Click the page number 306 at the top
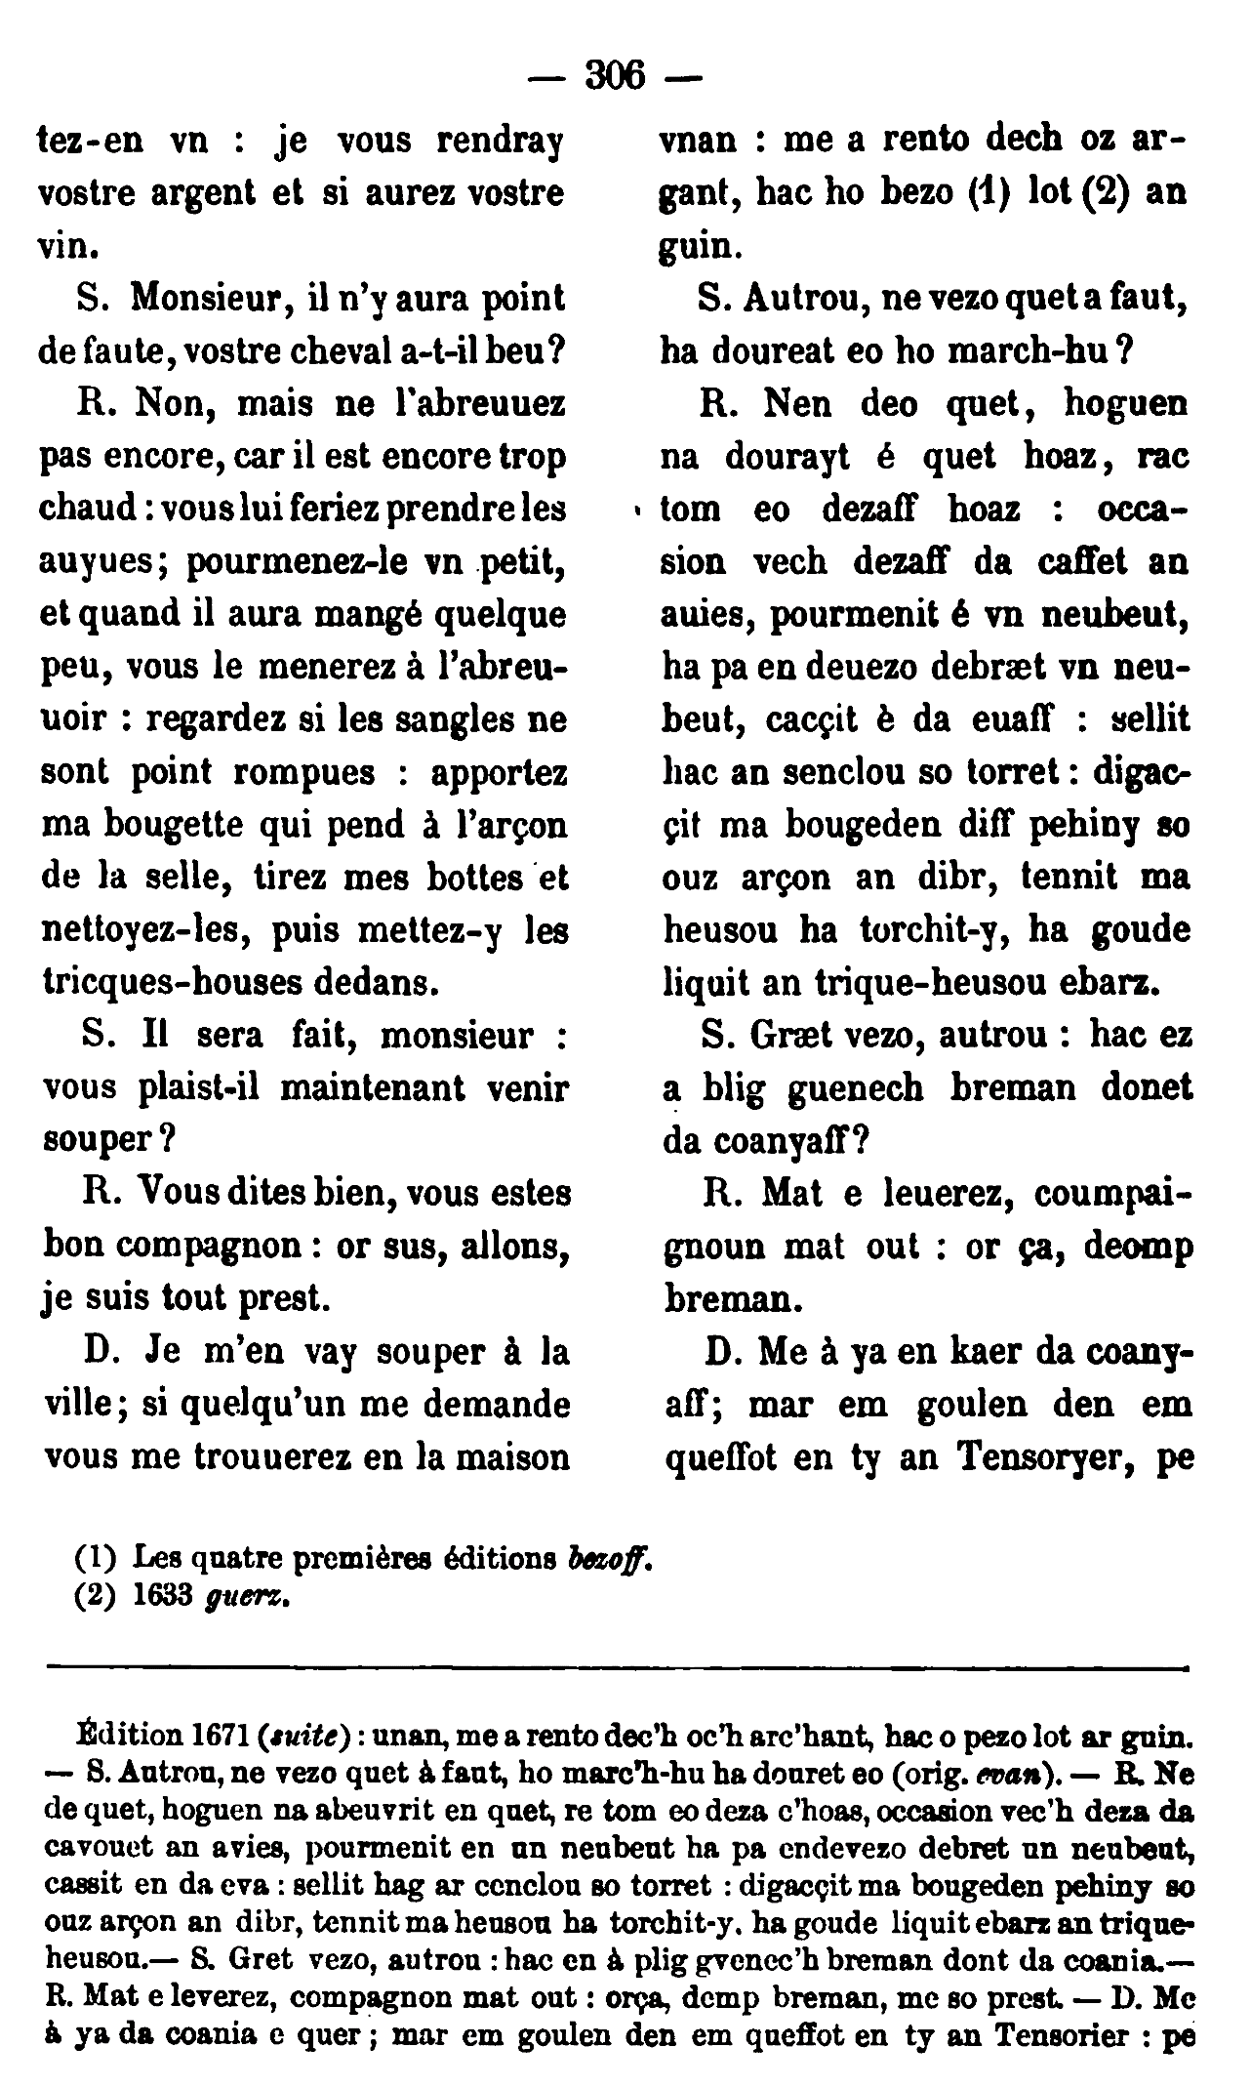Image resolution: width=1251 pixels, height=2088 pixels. (x=615, y=75)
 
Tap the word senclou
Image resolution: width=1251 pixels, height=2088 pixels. (x=844, y=772)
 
